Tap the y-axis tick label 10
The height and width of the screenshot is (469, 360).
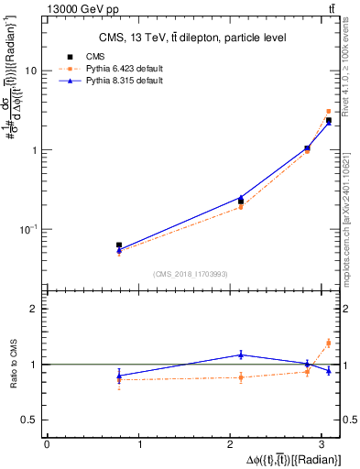point(32,71)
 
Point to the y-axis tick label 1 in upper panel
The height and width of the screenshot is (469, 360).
point(35,149)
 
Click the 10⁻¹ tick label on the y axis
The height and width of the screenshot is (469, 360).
point(30,229)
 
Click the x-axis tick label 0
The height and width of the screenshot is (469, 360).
point(47,445)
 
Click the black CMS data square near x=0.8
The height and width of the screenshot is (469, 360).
point(119,245)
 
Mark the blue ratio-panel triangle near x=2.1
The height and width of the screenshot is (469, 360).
point(241,354)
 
